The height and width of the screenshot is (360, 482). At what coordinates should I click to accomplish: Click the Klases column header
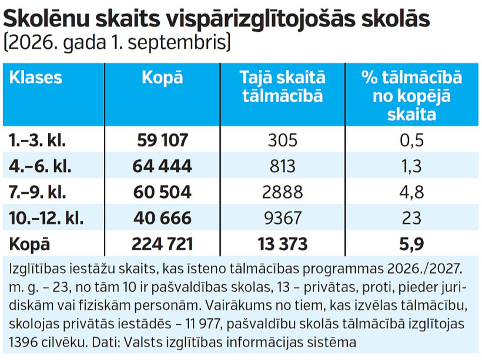click(36, 78)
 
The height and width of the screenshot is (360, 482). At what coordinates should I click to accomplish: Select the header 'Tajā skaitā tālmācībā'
click(283, 86)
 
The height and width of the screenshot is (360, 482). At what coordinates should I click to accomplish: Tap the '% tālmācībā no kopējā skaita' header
click(411, 96)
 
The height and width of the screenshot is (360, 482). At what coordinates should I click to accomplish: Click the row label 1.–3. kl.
click(37, 140)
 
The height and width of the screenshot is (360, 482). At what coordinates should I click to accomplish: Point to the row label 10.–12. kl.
click(46, 218)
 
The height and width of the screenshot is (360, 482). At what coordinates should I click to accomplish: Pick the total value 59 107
click(162, 140)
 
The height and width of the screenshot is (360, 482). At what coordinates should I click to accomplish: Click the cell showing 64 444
click(162, 166)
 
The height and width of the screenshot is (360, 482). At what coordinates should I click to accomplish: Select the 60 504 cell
click(162, 192)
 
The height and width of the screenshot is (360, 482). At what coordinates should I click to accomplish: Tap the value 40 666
click(162, 218)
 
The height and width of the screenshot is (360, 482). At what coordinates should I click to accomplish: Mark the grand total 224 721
click(162, 244)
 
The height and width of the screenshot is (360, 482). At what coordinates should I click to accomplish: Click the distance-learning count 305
click(283, 140)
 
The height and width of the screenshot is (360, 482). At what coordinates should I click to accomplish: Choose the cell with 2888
click(283, 192)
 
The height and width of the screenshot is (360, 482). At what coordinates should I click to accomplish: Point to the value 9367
click(283, 218)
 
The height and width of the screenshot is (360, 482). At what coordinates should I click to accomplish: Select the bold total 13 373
click(283, 244)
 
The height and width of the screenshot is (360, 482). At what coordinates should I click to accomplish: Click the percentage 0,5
click(411, 141)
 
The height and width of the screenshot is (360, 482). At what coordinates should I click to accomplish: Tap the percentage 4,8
click(411, 193)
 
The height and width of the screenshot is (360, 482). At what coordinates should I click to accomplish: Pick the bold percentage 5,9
click(411, 244)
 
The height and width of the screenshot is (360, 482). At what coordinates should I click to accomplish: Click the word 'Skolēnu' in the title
click(46, 19)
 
